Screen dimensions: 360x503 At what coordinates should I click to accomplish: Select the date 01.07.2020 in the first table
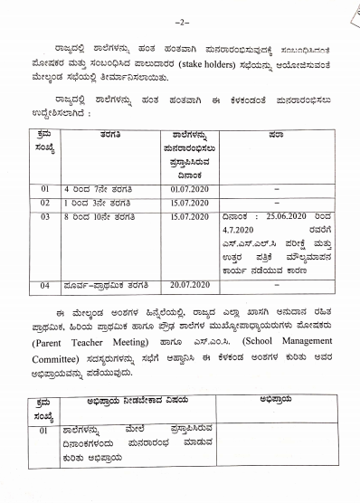point(188,189)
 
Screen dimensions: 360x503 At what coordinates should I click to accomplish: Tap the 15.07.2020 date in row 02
point(188,204)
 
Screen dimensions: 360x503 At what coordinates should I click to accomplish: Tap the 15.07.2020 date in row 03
point(188,217)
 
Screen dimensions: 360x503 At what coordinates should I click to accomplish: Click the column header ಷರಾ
point(276,134)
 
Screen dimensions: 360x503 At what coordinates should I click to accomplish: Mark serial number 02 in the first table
point(44,204)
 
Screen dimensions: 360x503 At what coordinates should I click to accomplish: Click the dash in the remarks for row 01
point(276,189)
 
